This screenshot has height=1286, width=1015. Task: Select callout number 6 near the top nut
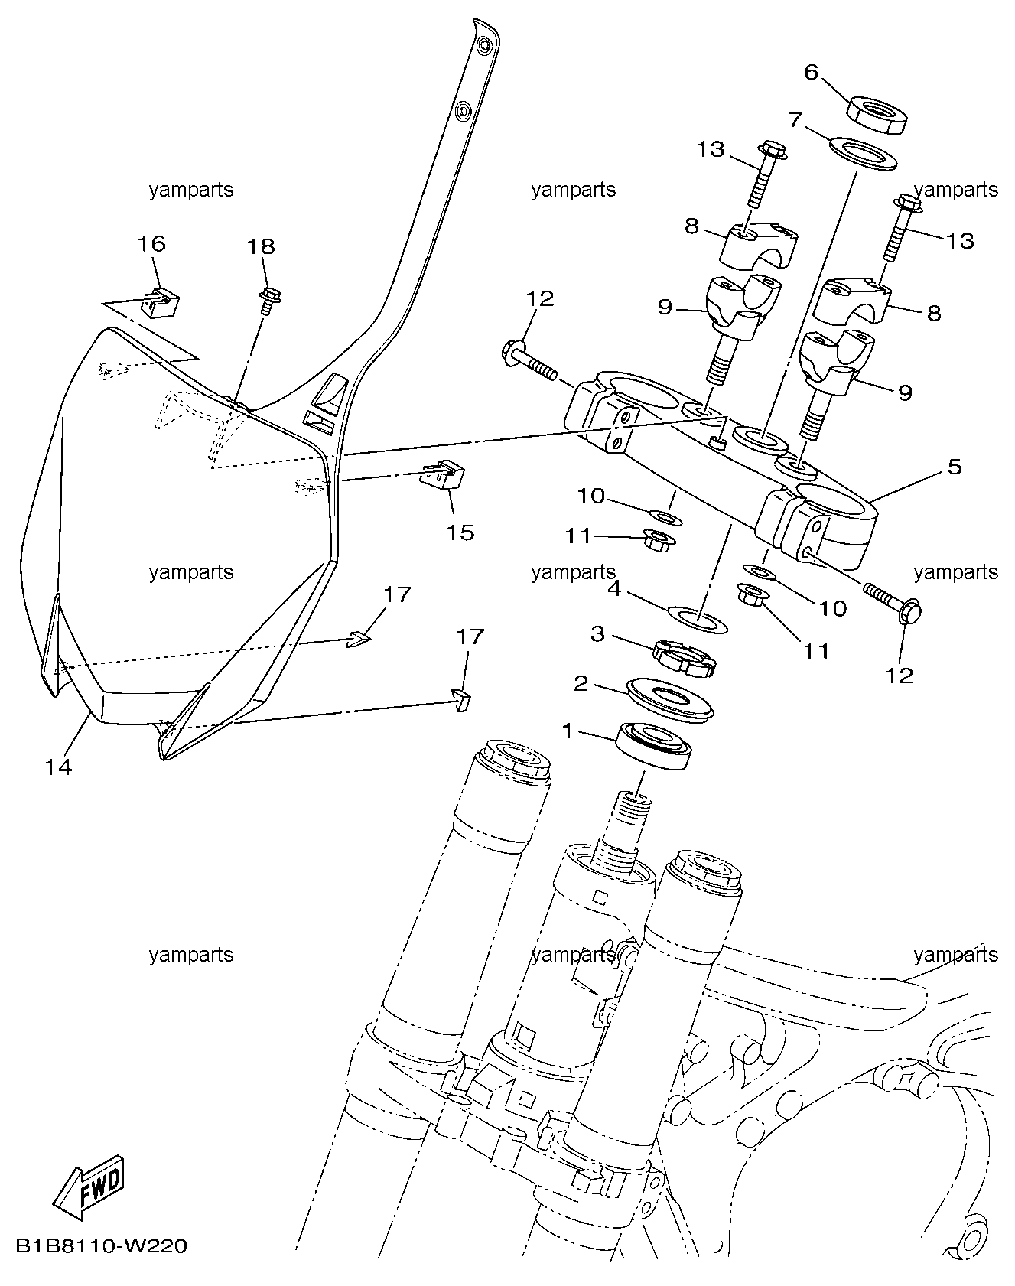(812, 73)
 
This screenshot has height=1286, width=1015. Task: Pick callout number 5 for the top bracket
(955, 466)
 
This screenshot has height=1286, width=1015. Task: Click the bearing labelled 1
(654, 745)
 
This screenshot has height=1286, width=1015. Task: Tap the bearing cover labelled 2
(670, 697)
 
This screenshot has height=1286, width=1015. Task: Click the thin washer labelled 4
(698, 619)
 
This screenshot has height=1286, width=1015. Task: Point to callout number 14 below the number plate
(58, 767)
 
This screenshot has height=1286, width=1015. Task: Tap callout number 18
(261, 246)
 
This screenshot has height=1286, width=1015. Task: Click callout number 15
(460, 532)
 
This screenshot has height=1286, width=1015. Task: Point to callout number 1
(567, 731)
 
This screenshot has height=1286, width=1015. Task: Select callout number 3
(597, 633)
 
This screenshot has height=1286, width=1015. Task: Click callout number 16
(151, 243)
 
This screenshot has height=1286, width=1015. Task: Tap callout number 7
(795, 119)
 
